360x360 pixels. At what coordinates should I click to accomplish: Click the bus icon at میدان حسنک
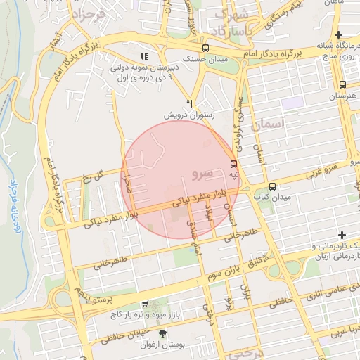click(x=205, y=49)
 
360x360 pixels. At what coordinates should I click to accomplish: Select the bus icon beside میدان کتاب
click(x=272, y=186)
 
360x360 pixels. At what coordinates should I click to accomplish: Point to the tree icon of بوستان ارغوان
click(x=164, y=334)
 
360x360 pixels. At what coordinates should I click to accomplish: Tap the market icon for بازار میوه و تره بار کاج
click(x=144, y=305)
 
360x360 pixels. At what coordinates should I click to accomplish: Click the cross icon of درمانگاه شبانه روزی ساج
click(x=339, y=34)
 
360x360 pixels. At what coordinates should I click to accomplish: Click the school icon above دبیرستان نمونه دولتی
click(x=144, y=56)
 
